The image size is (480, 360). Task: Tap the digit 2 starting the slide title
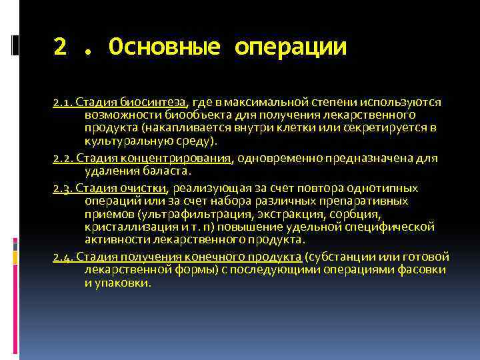point(61,47)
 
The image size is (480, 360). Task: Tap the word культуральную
point(121,141)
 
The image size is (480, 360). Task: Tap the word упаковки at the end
point(128,283)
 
